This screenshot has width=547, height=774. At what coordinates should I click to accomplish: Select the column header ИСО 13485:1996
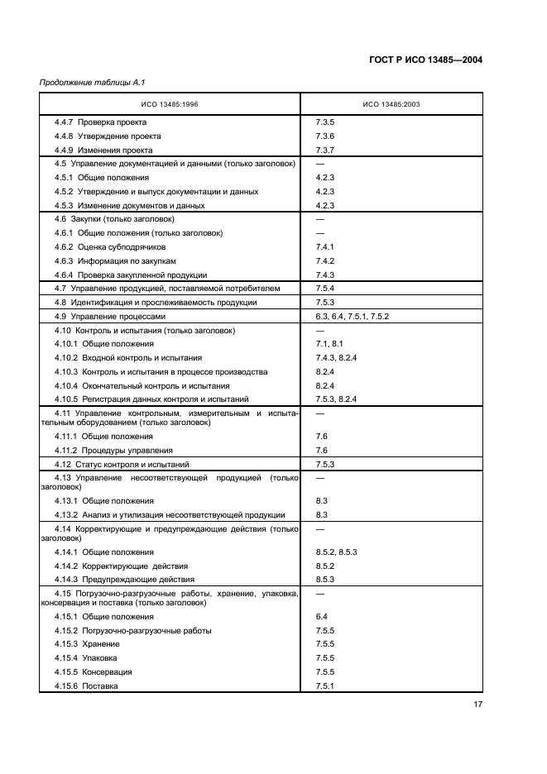click(x=169, y=104)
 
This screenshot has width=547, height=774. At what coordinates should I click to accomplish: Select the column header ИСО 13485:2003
click(x=391, y=104)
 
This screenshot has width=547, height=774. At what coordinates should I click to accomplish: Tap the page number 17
click(x=477, y=705)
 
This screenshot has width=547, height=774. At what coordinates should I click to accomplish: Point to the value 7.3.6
click(x=324, y=136)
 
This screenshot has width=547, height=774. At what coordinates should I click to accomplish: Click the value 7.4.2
click(x=324, y=261)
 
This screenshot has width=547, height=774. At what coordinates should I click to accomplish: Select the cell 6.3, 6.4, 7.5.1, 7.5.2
click(x=352, y=317)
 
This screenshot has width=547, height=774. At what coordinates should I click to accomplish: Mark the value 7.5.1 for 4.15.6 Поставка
click(x=324, y=686)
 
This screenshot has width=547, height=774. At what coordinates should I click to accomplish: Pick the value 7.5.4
click(x=324, y=289)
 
